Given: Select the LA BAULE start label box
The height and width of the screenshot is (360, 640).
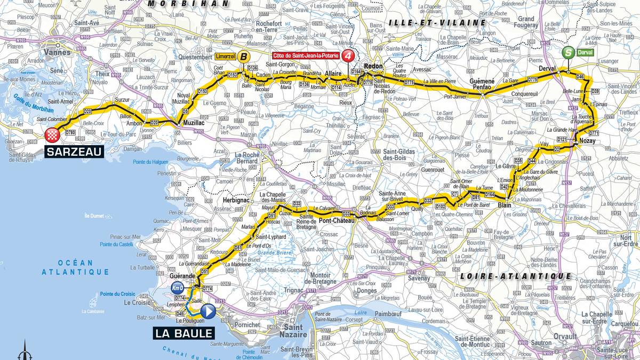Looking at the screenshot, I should pyautogui.click(x=185, y=334).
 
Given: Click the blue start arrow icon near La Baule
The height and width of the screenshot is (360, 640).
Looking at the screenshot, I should pyautogui.click(x=209, y=311).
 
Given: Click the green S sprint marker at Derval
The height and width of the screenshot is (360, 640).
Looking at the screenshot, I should pyautogui.click(x=569, y=53).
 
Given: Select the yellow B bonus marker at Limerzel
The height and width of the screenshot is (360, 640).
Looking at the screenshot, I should pyautogui.click(x=243, y=56).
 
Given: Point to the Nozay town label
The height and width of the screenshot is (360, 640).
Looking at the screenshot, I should pyautogui.click(x=585, y=140).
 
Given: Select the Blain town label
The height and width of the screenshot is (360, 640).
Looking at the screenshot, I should pyautogui.click(x=504, y=205).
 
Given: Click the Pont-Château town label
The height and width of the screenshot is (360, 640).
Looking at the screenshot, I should pyautogui.click(x=334, y=219).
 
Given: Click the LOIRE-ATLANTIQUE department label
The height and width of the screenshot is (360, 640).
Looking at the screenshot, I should pyautogui.click(x=515, y=276).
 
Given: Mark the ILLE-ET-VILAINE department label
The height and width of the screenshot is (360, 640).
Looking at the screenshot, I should pyautogui.click(x=437, y=23).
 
